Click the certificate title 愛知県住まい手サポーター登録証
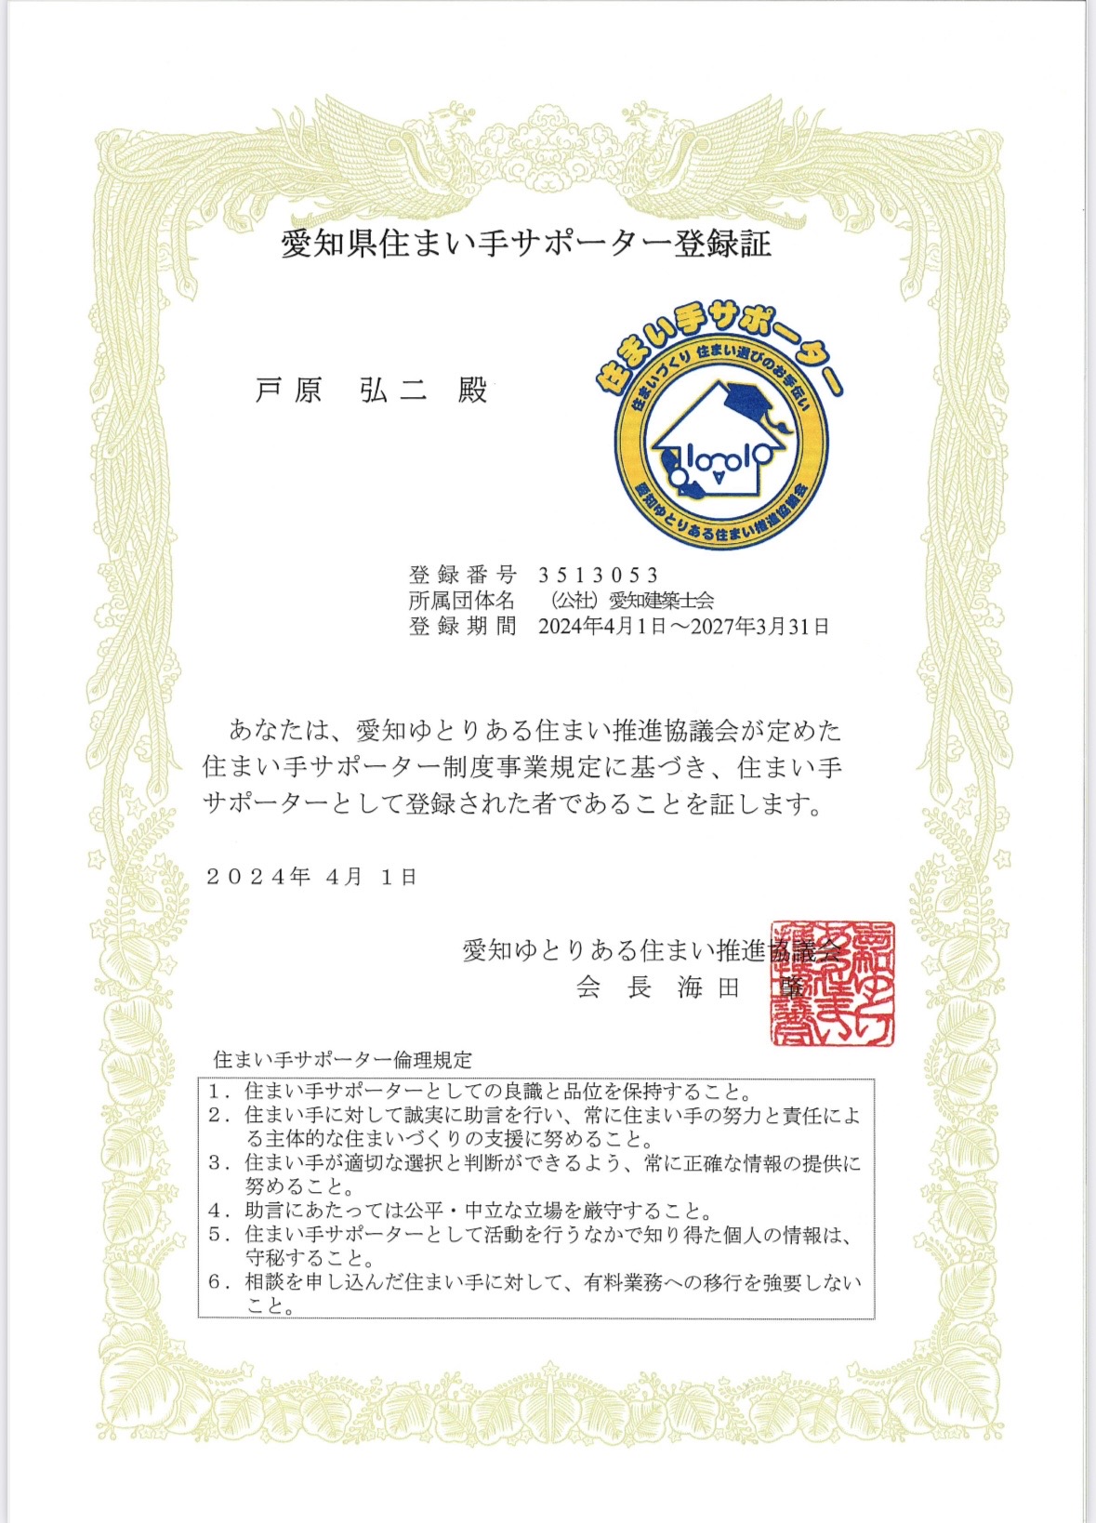[526, 244]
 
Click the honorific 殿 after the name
[472, 391]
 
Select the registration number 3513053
[599, 575]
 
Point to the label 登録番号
[462, 575]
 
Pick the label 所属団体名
[462, 601]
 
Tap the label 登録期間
[462, 627]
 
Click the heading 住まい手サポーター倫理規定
[343, 1059]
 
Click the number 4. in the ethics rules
[219, 1211]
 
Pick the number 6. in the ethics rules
[219, 1282]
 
